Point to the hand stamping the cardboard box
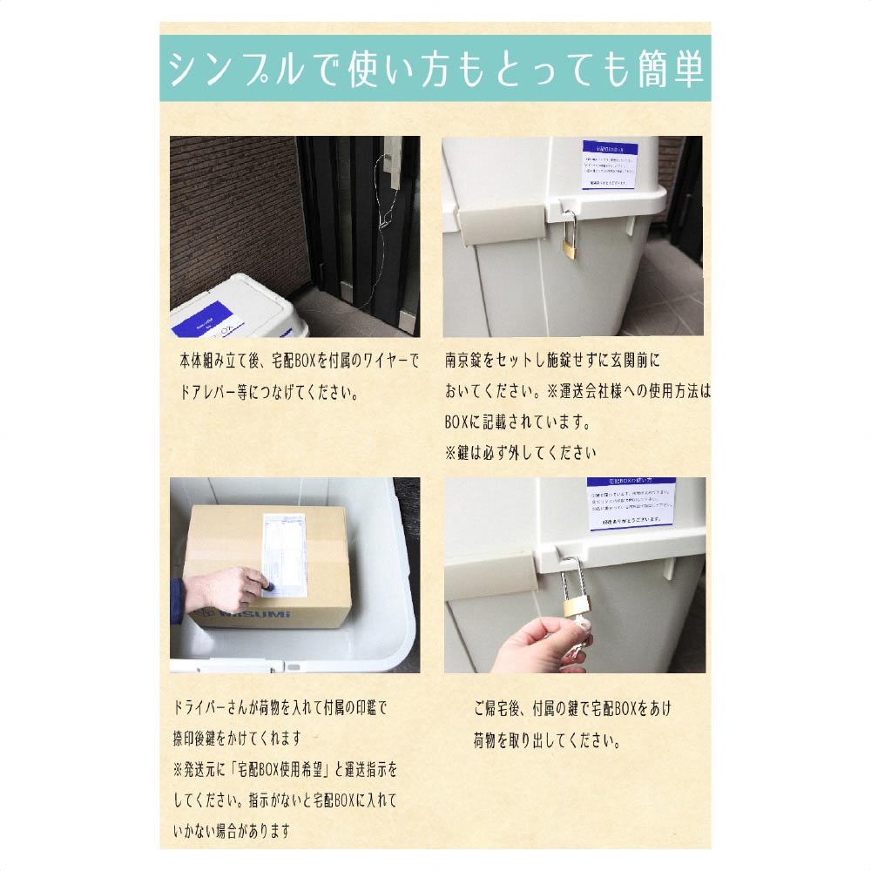click(222, 590)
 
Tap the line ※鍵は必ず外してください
click(521, 453)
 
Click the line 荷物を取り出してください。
click(547, 741)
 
